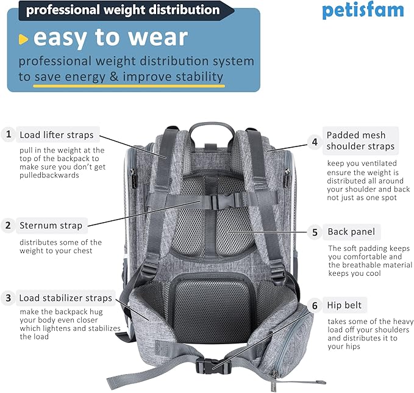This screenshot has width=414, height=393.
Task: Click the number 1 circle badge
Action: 9,134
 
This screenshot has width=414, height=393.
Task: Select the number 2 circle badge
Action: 9,226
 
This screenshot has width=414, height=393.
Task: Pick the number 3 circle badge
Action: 9,298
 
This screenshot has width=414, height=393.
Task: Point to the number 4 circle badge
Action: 315,142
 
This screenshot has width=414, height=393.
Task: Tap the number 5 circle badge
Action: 315,232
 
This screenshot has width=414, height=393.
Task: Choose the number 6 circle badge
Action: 315,305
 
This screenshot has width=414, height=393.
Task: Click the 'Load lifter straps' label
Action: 56,135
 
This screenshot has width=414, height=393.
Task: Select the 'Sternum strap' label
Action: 51,226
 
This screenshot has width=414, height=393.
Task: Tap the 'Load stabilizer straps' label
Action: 65,298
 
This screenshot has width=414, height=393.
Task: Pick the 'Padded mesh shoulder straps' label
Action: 360,141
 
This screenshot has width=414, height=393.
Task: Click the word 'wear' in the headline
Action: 152,38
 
